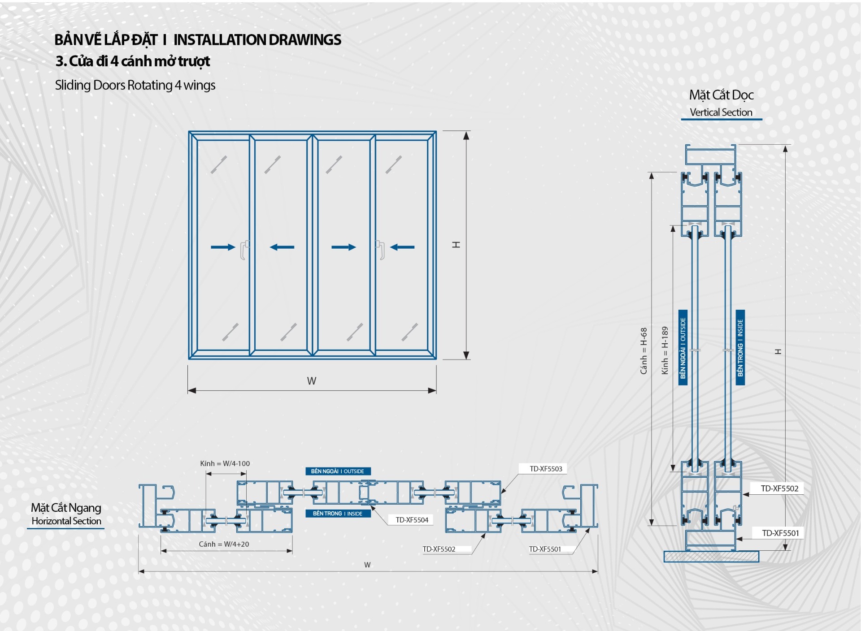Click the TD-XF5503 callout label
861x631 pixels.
(545, 469)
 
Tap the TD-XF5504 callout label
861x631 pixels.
(412, 520)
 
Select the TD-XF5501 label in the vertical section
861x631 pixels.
(780, 533)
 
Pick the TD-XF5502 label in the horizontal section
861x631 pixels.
(439, 549)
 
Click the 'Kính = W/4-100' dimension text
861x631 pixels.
(225, 463)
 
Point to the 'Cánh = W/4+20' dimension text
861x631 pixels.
(224, 544)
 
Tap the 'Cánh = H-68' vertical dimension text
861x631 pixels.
(644, 351)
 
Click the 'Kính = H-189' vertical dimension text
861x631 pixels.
(665, 350)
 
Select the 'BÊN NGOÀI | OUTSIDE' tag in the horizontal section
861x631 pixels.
(338, 471)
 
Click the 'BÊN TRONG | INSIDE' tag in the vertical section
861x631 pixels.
(740, 348)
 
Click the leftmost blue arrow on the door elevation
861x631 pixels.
(223, 247)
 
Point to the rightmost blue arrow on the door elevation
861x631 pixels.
(402, 247)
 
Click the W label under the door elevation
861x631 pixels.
(312, 381)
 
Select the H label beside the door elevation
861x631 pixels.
(457, 245)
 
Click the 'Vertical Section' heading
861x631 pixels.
(721, 112)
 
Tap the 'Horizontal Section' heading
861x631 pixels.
(66, 521)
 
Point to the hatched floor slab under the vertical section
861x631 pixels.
(711, 557)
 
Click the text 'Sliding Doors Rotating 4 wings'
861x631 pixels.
(135, 85)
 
